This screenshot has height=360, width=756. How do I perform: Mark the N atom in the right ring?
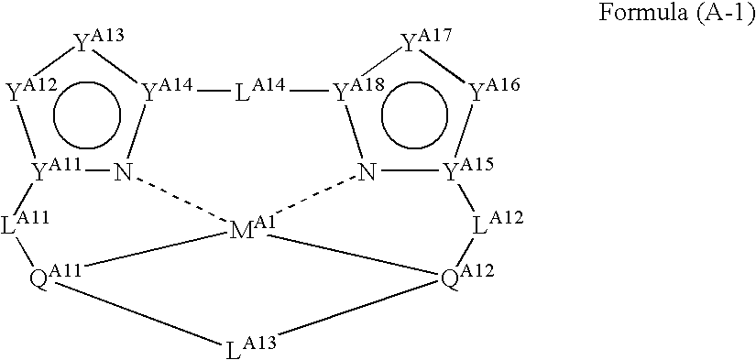click(367, 170)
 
